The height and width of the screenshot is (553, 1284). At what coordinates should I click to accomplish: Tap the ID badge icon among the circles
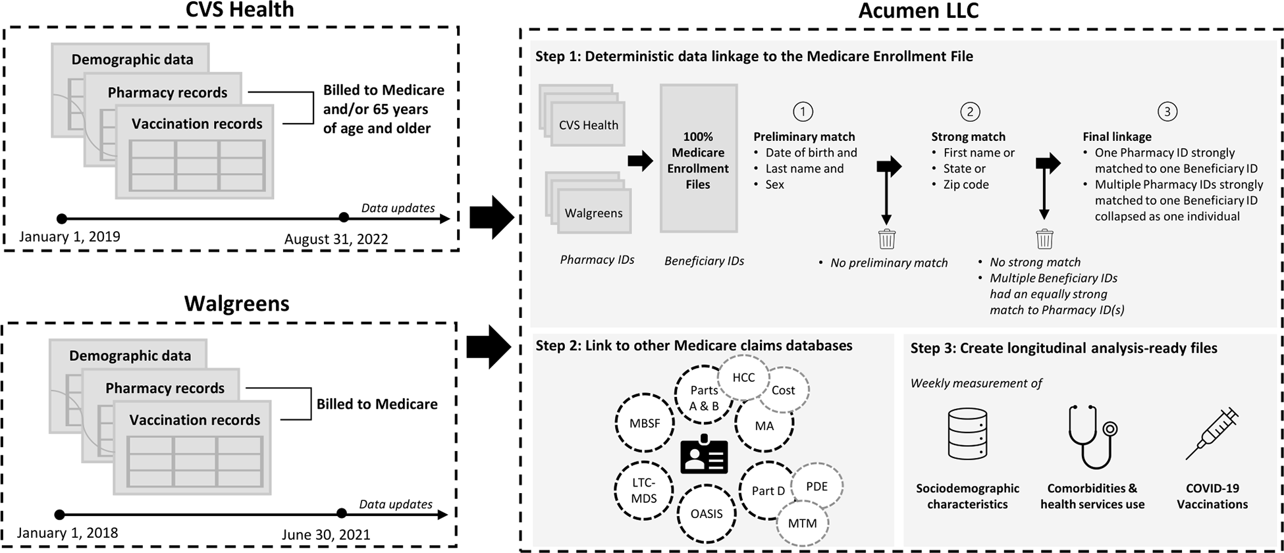[x=705, y=454]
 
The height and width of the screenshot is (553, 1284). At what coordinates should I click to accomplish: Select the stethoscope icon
[x=1092, y=436]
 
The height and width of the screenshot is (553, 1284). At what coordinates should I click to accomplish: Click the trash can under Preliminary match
[x=887, y=238]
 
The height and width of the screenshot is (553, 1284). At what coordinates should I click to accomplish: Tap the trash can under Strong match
[x=1044, y=238]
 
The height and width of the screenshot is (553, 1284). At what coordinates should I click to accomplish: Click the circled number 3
[x=1167, y=111]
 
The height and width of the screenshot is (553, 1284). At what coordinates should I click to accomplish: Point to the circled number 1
[x=803, y=111]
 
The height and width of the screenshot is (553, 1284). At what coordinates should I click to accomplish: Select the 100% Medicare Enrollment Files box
[x=698, y=158]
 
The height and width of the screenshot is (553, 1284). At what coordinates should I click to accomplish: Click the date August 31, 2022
[x=336, y=239]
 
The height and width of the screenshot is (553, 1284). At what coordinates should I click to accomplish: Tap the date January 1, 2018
[x=67, y=533]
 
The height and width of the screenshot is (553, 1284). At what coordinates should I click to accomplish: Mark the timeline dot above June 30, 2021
[x=341, y=513]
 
